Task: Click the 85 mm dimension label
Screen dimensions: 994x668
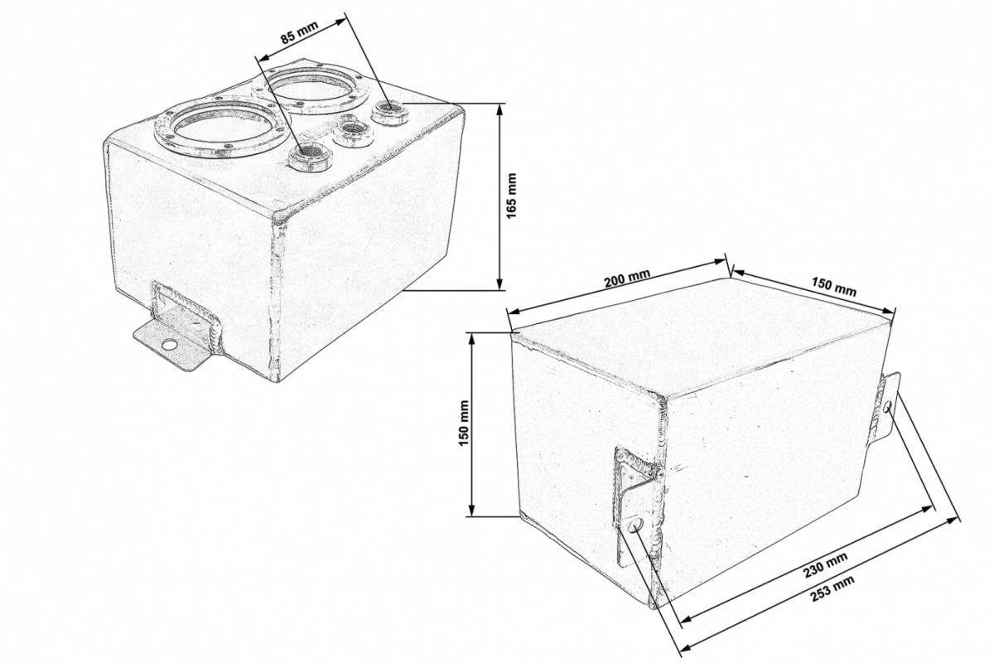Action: pos(299,32)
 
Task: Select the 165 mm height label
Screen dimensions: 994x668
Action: pos(512,196)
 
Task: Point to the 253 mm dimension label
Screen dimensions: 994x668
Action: pos(832,588)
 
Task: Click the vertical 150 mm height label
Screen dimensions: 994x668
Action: pos(464,423)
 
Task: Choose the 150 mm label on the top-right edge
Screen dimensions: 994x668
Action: pos(834,286)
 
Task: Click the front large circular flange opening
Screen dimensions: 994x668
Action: pos(221,128)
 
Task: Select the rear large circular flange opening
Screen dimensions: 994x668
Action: pos(311,89)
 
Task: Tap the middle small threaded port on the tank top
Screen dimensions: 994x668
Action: pos(353,133)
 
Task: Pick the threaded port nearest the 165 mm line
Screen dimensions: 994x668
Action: pos(389,113)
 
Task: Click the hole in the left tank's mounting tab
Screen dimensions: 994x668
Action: pos(169,344)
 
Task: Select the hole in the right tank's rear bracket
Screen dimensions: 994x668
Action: pos(887,406)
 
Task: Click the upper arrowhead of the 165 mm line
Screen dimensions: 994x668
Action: pos(500,109)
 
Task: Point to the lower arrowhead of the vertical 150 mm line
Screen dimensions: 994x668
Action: pos(471,511)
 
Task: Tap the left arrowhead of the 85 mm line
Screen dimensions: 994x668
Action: pos(263,58)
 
